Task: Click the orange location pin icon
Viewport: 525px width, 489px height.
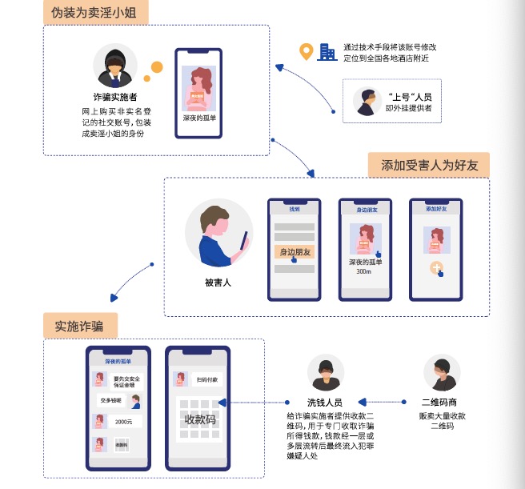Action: (x=305, y=52)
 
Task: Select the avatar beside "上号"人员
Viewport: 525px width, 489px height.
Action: (x=367, y=101)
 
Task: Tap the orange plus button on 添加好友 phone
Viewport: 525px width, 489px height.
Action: (x=436, y=268)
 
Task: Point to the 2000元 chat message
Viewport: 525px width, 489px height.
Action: (x=123, y=422)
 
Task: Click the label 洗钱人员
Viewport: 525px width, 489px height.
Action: (x=325, y=403)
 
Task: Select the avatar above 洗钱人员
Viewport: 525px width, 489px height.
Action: (x=326, y=373)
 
